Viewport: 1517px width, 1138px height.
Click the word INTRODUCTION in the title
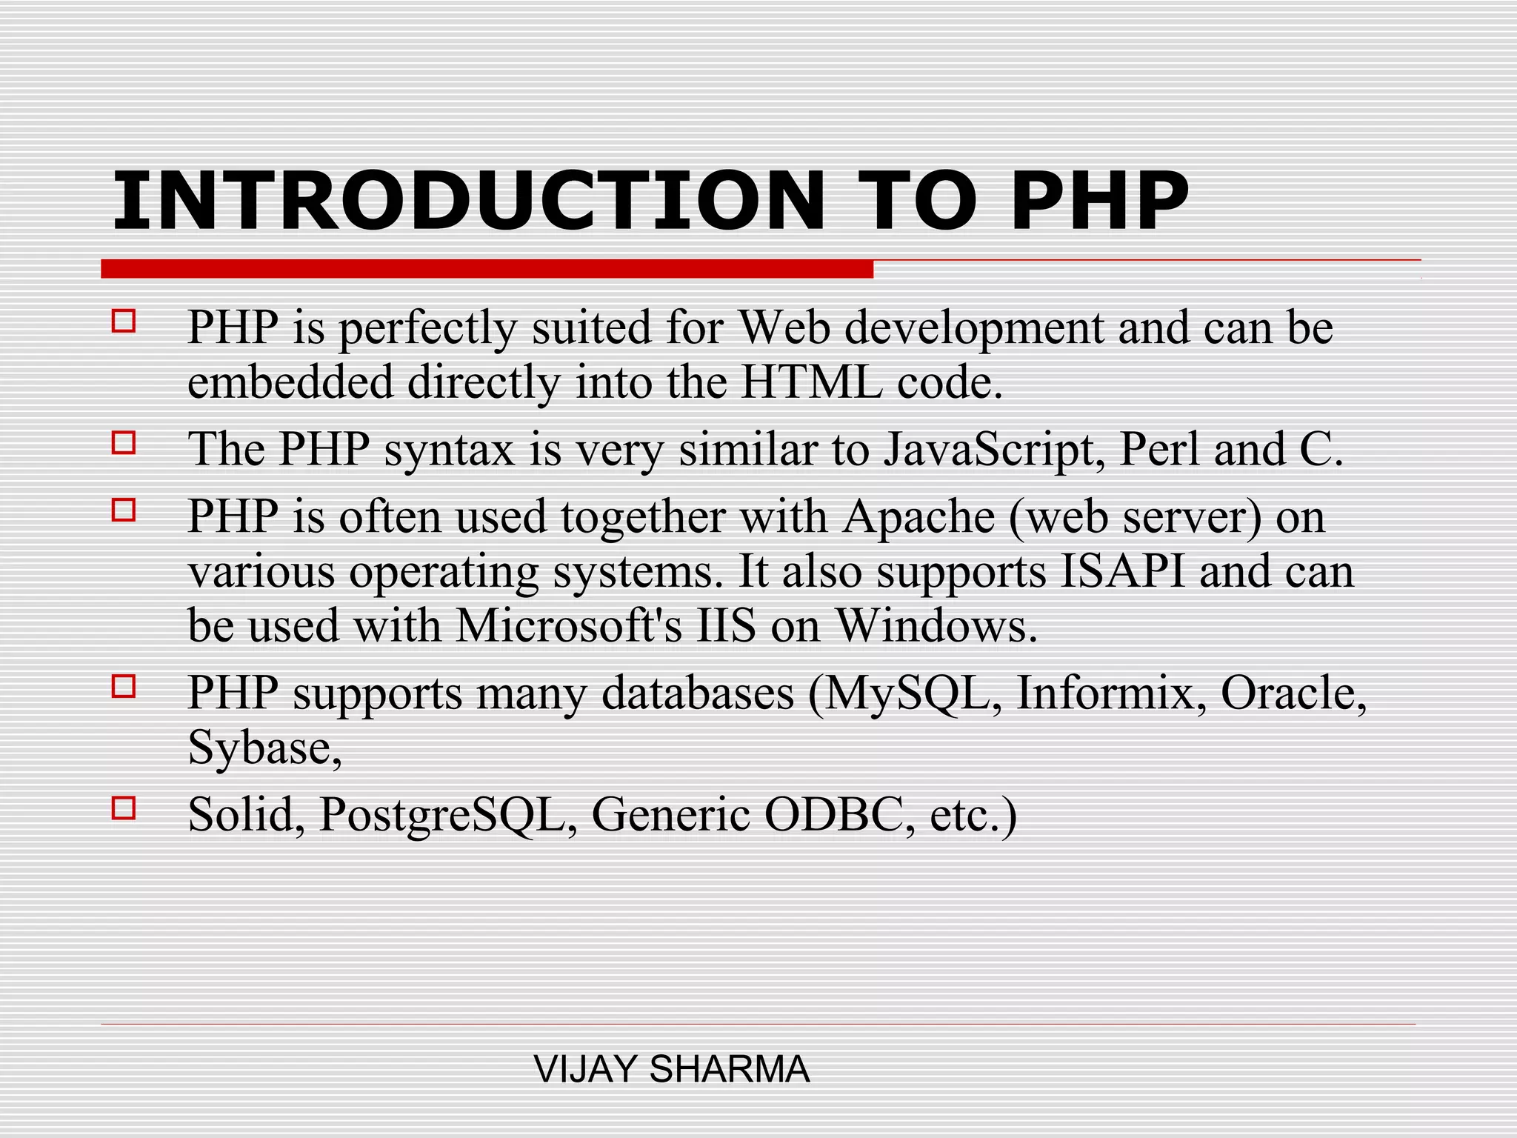point(468,201)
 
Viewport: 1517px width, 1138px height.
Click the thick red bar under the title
point(487,269)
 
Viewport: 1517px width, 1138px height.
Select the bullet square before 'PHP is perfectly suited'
point(124,322)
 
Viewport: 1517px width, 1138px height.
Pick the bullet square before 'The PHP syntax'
point(124,443)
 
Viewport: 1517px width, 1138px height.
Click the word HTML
point(812,383)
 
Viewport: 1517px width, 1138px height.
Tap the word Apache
point(918,516)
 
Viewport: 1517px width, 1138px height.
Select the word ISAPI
point(1123,572)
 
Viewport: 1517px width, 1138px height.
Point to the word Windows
point(936,626)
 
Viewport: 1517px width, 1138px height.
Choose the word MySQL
point(905,693)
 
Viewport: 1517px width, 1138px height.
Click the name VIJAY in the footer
point(585,1069)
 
